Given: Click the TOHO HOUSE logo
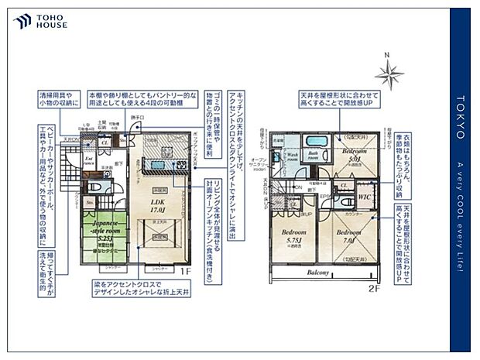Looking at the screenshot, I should pos(39,21).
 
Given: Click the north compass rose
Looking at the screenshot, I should pos(389,73).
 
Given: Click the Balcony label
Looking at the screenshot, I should pos(318,273).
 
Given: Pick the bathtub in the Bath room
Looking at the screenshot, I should pos(313,145).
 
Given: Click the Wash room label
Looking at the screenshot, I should pos(292,156).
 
